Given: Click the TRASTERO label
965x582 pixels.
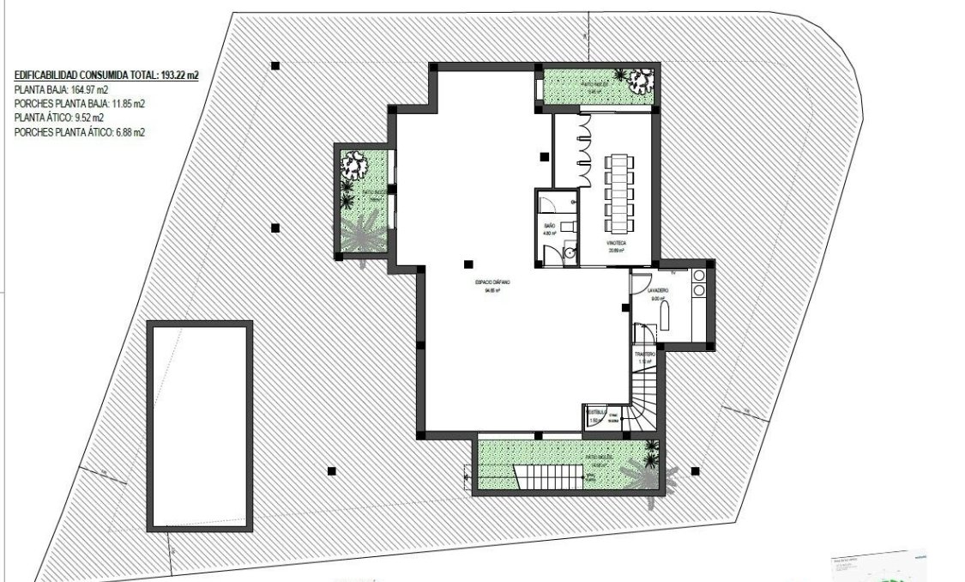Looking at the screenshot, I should coord(645,354).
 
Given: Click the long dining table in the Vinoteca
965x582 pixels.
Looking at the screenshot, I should coord(618,192).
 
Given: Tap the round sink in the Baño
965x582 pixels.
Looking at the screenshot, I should coord(569,252).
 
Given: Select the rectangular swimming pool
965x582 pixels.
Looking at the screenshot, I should coord(200,426).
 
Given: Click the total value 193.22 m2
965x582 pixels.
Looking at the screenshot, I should coord(180,76).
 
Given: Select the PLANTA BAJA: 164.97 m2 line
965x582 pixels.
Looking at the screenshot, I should coord(61,89).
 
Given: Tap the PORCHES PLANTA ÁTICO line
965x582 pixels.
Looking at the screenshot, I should coord(80,132).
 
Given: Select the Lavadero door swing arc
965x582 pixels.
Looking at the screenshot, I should coord(641,282).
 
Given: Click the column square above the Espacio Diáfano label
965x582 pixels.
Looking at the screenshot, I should coord(467,264).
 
